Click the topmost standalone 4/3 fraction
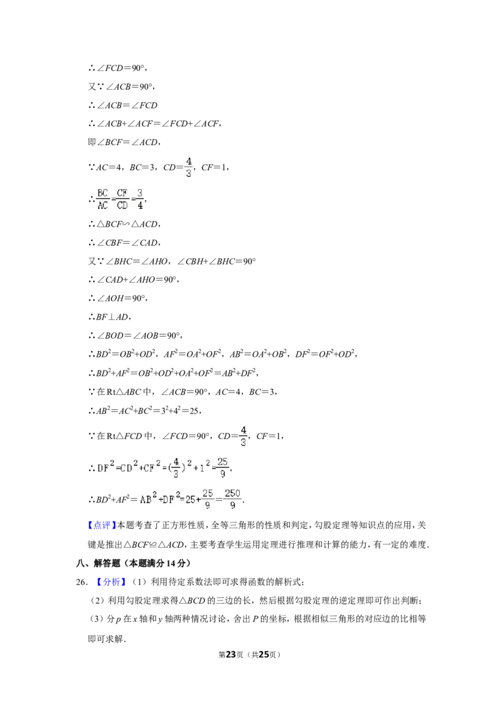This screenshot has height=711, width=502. (x=188, y=166)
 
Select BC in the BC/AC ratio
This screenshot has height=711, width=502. (x=102, y=192)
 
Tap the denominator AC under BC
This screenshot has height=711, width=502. (x=102, y=205)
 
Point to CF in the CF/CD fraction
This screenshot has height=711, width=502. (x=122, y=192)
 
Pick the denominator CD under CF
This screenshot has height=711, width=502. (x=122, y=205)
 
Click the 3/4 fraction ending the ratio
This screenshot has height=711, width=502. (x=140, y=198)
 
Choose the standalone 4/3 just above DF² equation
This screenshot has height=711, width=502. (x=243, y=437)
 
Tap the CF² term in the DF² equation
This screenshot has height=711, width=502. (x=154, y=467)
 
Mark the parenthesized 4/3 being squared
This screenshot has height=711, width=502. (x=176, y=467)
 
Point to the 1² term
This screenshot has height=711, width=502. (x=205, y=467)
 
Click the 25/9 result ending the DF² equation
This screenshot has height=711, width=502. (x=223, y=467)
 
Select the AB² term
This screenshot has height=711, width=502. (x=149, y=500)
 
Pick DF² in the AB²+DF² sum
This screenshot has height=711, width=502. (x=172, y=500)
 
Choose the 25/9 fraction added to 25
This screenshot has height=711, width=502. (x=208, y=500)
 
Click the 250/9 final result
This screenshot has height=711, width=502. (x=233, y=500)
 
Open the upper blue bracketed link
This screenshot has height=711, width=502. (x=102, y=525)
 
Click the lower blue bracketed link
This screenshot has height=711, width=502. (x=111, y=582)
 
